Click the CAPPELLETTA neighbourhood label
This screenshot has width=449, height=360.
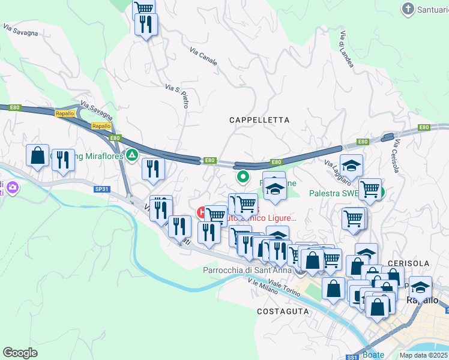click(x=259, y=120)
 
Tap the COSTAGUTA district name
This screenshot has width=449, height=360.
click(x=283, y=311)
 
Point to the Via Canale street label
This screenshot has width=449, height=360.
click(x=203, y=57)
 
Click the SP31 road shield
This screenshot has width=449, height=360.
click(x=101, y=188)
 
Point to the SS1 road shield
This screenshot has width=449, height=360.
click(x=353, y=357)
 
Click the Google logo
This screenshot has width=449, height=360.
click(x=20, y=353)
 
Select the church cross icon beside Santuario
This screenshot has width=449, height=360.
click(x=408, y=9)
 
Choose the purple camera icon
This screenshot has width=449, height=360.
click(x=13, y=188)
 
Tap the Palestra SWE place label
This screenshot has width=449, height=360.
click(x=334, y=194)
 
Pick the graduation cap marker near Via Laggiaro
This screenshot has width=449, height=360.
click(x=352, y=164)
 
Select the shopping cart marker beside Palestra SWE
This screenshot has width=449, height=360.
click(x=370, y=190)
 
